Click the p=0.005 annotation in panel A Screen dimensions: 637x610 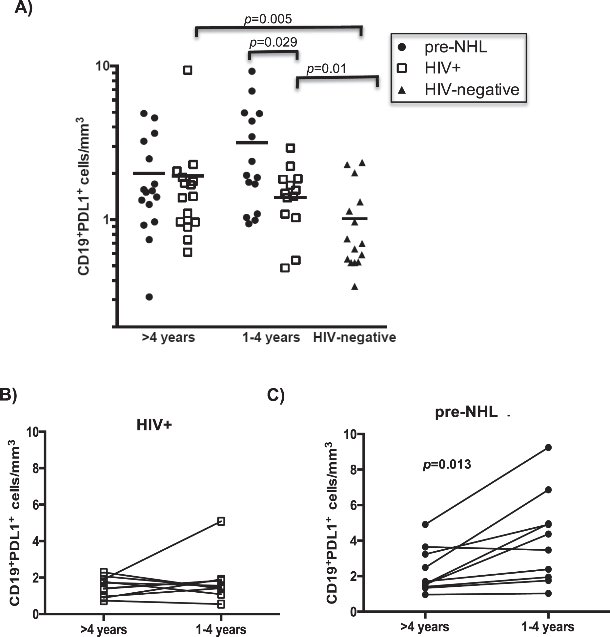coord(268,19)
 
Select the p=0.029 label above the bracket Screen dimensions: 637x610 coord(273,42)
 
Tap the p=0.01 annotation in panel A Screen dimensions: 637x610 coord(326,69)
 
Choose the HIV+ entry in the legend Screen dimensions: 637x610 coord(442,68)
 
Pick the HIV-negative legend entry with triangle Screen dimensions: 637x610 coord(471,90)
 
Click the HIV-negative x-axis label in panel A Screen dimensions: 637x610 coord(354,338)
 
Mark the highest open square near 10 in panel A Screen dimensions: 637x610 coord(188,70)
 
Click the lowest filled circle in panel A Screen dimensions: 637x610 coord(149,297)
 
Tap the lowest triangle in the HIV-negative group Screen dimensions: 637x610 coord(355,287)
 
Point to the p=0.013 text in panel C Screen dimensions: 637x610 coord(447,464)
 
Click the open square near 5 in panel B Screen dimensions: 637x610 coord(221,521)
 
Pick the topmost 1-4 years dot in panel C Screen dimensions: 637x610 coord(548,447)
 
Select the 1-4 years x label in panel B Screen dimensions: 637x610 coord(221,630)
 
